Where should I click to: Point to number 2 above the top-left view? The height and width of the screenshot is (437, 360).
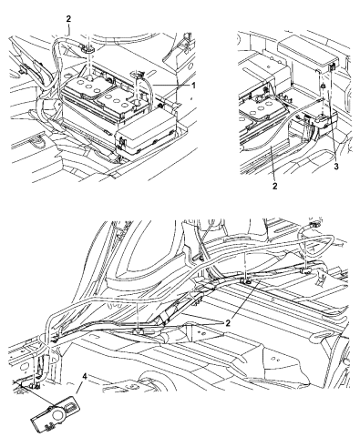click(66, 17)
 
